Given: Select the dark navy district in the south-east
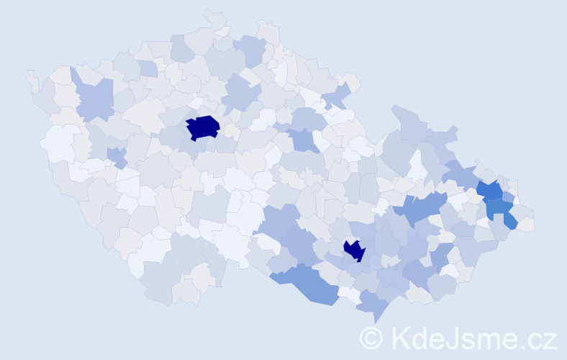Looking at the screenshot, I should pos(354,250).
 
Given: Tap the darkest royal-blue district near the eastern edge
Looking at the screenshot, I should pos(491,191).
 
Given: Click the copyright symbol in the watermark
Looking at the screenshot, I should pos(371,338).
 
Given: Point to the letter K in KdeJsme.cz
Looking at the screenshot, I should pos(400,338).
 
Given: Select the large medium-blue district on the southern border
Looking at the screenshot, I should pos(309,283).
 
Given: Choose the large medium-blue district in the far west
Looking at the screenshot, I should pos(94,99).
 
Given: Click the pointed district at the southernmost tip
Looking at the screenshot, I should pos(373,306).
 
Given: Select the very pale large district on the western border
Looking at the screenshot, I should pos(59,142).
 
